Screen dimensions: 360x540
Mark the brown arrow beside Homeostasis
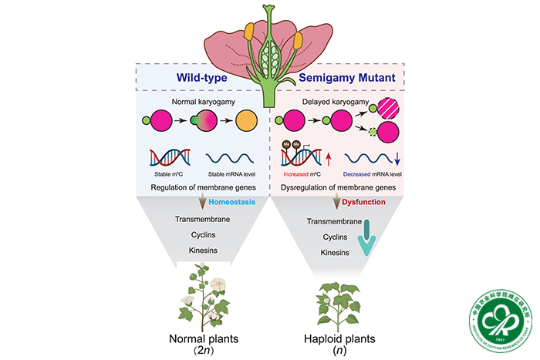pyautogui.click(x=202, y=202)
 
